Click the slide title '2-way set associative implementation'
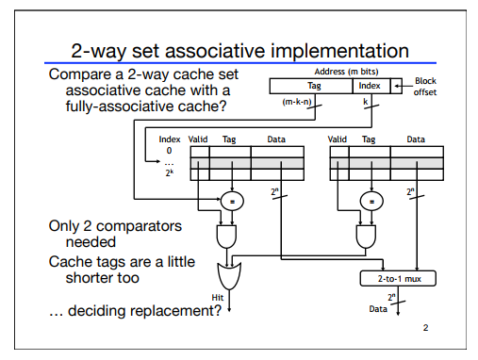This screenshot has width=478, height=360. [x=238, y=49]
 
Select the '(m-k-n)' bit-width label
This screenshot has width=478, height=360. [x=297, y=101]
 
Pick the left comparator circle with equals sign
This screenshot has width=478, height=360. [x=230, y=200]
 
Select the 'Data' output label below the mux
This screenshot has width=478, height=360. [x=377, y=307]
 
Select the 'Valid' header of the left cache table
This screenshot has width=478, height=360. [x=198, y=139]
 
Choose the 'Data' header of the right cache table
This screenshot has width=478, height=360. [x=416, y=139]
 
